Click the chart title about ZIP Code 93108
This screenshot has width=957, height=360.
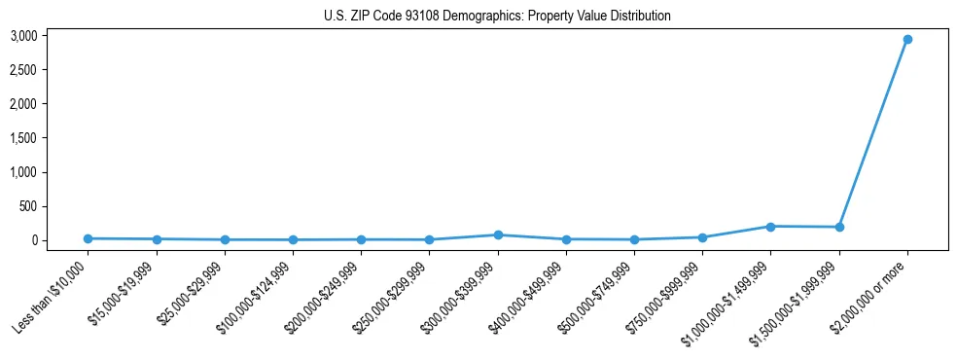coord(497,16)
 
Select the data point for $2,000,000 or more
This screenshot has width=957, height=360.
coord(906,40)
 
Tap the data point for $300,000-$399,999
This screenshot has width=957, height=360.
coord(498,234)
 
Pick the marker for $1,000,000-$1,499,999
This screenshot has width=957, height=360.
coord(770,227)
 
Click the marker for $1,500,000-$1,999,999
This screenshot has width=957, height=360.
coord(838,228)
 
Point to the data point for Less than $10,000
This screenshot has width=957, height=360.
coord(89,238)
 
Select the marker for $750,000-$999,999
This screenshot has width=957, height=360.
coord(702,237)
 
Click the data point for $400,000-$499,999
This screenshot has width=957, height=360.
coord(566,239)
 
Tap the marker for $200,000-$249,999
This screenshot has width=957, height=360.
coord(362,239)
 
